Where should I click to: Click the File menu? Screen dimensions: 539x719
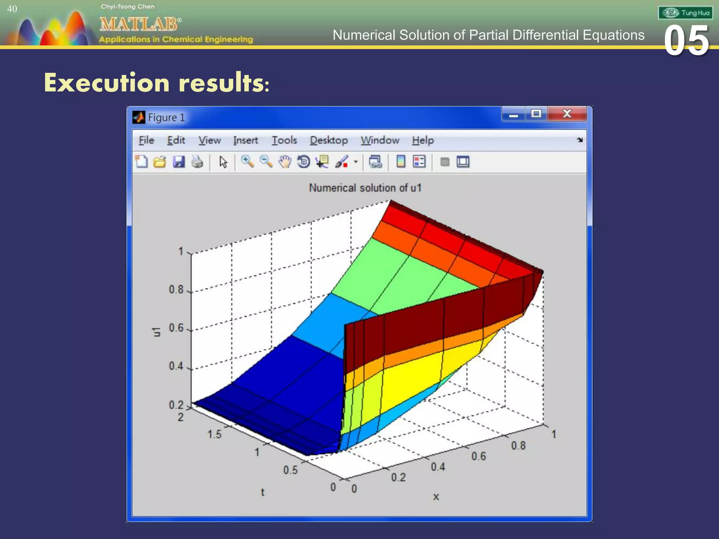146,140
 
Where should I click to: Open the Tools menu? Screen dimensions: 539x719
284,140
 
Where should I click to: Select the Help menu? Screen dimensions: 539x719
423,140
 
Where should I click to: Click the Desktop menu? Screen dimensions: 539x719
329,140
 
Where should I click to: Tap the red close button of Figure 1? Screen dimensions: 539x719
567,114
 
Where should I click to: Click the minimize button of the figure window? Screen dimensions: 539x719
513,115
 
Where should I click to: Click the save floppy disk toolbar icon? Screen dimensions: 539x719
179,162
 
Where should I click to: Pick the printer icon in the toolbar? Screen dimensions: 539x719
197,162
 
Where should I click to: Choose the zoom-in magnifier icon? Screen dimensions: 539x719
248,162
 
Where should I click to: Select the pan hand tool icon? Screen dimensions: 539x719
285,162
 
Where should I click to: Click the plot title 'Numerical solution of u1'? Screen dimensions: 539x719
365,188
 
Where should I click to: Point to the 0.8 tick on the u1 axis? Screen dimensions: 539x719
176,290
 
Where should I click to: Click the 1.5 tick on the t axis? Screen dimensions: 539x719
214,434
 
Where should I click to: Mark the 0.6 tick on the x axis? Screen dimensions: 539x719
479,456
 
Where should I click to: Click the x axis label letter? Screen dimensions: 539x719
436,497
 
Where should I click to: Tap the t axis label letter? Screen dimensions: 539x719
263,492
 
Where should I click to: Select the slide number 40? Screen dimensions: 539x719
12,9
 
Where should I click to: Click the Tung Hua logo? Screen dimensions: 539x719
685,13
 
